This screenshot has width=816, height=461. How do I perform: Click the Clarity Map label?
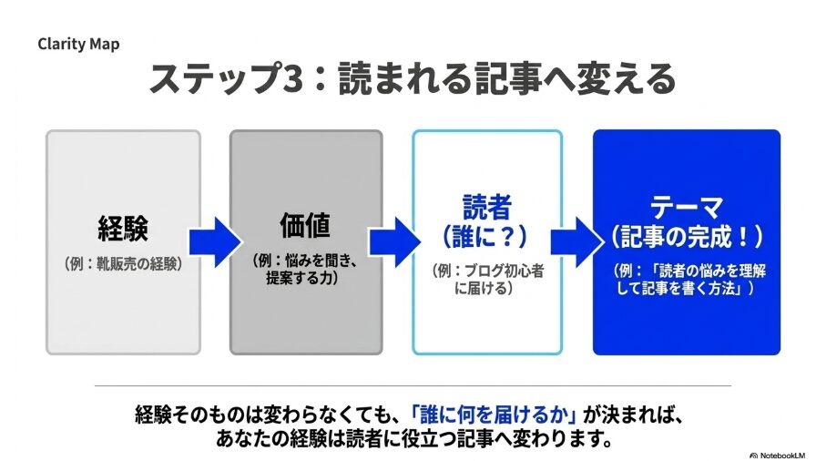tap(78, 45)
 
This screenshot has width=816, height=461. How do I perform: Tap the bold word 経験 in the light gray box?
tap(123, 228)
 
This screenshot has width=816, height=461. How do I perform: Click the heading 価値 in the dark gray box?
tap(305, 225)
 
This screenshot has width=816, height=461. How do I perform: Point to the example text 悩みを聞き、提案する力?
tap(305, 269)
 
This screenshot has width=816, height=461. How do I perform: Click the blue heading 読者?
tap(486, 207)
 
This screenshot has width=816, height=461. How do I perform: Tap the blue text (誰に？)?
tap(485, 236)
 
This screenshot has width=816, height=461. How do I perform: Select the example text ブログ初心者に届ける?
tap(487, 279)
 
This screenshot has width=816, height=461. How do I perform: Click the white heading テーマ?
tap(687, 207)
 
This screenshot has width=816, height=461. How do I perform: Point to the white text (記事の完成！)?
tap(687, 237)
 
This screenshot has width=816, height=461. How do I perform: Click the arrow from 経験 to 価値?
tap(215, 242)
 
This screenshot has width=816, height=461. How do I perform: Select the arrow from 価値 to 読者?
tap(395, 242)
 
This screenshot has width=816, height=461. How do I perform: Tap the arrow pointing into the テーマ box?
tap(576, 242)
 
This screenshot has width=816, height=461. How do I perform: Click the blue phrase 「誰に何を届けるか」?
tap(494, 415)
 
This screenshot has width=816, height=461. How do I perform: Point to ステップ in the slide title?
tap(214, 78)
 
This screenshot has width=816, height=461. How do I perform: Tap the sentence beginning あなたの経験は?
tap(414, 440)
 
